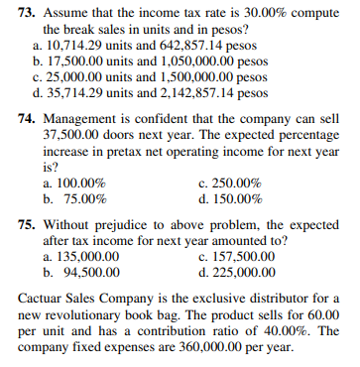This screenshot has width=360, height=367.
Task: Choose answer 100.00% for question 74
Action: pos(80,183)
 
